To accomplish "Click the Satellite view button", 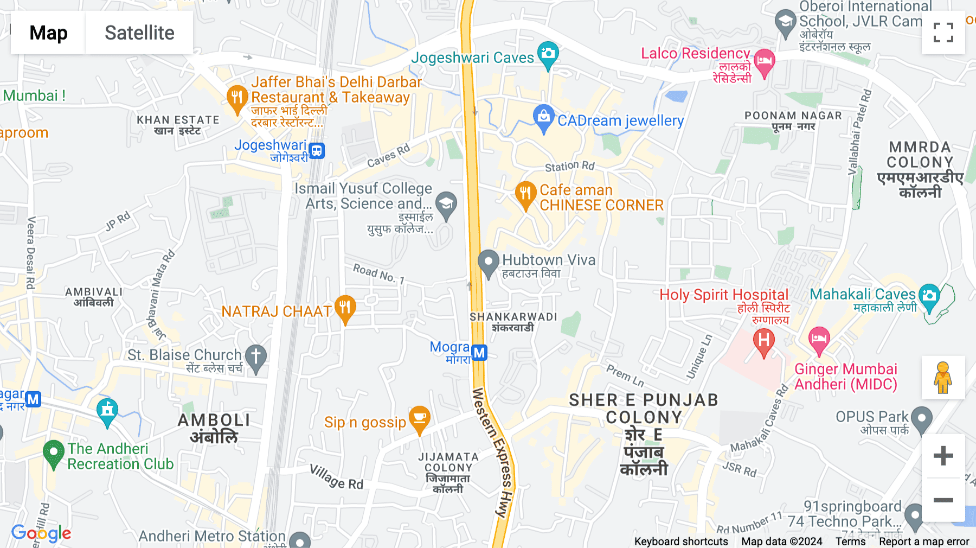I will coord(139,33).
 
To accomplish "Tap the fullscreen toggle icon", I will coord(943,33).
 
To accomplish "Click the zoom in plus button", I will coord(943,456).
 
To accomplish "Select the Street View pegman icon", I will coord(943,377).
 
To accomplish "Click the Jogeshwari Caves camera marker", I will coord(548,54).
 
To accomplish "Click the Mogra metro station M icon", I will coord(479,353).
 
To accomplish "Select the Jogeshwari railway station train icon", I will coord(317,150).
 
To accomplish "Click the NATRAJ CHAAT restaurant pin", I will coord(345,308).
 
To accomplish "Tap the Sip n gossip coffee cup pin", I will coord(419,418).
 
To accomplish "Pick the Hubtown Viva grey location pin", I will coord(488,263).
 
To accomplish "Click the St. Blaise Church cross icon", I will coord(256,358).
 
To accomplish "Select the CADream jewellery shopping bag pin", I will coord(543,117).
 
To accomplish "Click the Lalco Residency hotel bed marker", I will coord(764,61).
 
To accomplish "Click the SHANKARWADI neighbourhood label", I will coord(513,317).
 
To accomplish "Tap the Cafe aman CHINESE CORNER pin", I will coord(525,194).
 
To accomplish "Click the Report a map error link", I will coord(924,541).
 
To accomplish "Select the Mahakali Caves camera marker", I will coord(929,296).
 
